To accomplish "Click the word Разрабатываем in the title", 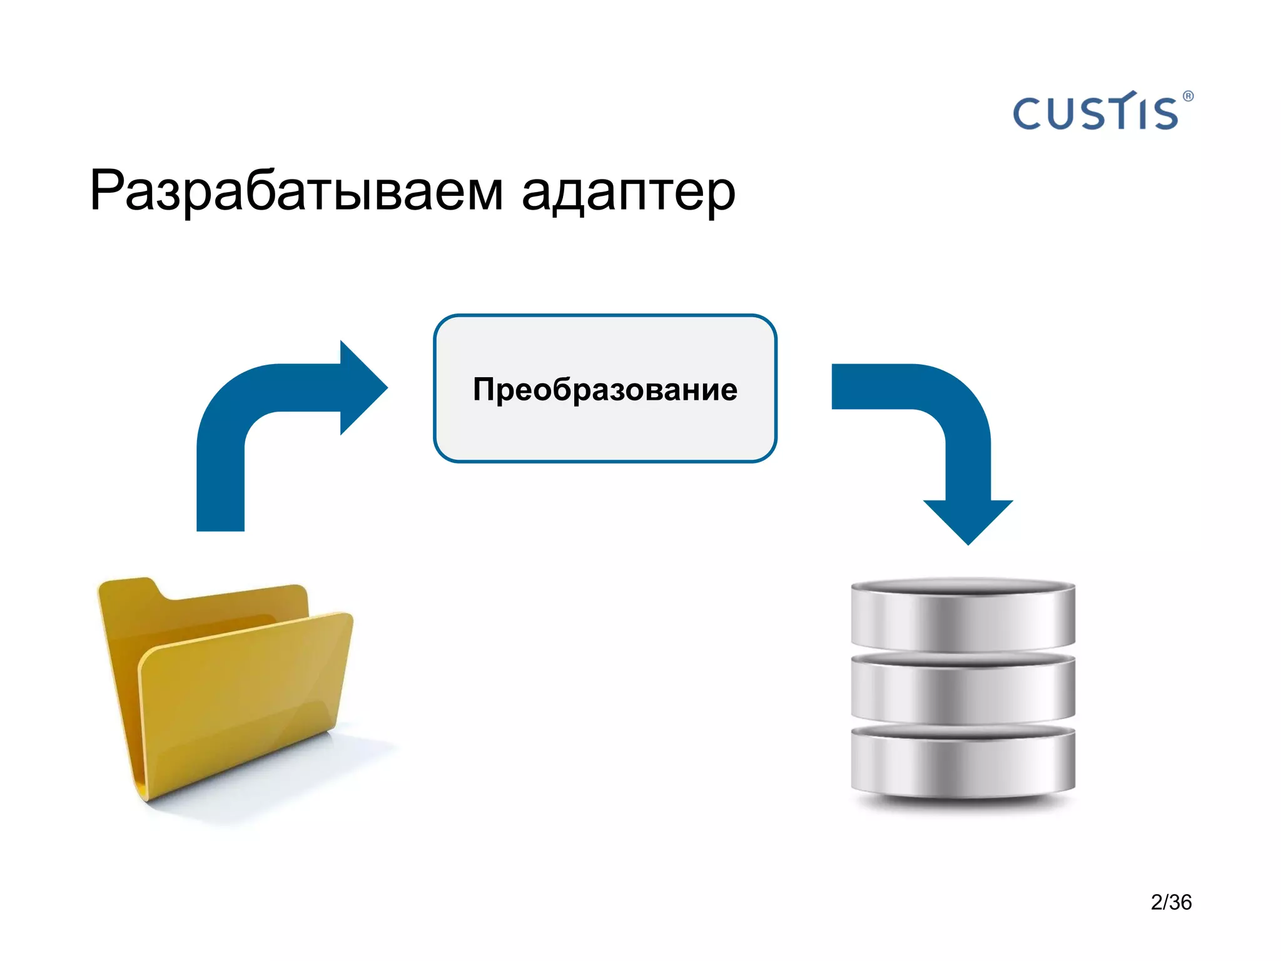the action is click(x=296, y=191).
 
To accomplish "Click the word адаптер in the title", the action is click(x=628, y=193).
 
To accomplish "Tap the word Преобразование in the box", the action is click(x=605, y=389).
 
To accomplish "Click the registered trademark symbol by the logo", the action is click(x=1188, y=96).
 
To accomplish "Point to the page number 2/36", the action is click(x=1171, y=902).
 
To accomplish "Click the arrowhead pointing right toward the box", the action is click(x=363, y=388).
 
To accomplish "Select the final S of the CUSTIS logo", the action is click(x=1165, y=114).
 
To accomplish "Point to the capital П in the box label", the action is click(x=485, y=389).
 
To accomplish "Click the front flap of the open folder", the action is click(x=244, y=701).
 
